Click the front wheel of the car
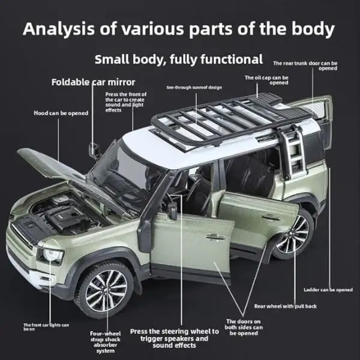tap(104, 290)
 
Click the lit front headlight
tap(51, 256)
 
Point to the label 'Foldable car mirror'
tap(93, 82)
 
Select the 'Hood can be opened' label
tap(61, 113)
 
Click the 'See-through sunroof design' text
tap(194, 88)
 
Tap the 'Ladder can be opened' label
tap(328, 290)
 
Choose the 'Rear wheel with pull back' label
tap(286, 306)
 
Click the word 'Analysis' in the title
tap(59, 29)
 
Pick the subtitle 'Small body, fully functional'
tap(179, 59)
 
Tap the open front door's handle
tap(215, 238)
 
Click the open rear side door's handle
tap(271, 217)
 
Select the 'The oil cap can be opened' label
tap(266, 80)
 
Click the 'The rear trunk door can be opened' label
tap(305, 65)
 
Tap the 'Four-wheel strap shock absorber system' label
tap(106, 342)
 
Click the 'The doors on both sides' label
tap(244, 327)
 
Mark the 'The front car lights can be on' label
tap(46, 327)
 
